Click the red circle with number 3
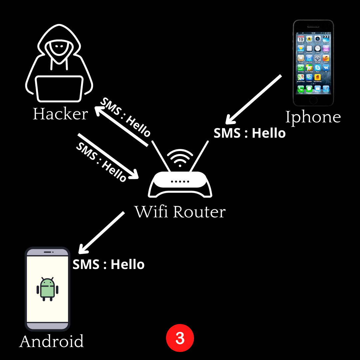coord(180,338)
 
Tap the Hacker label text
coord(60,114)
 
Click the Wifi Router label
coord(180,212)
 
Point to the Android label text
coord(52,341)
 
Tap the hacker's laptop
coord(59,89)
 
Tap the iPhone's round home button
coord(313,100)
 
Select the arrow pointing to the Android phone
coord(102,232)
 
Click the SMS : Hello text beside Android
coord(109,265)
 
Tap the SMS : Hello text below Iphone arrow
coord(250,133)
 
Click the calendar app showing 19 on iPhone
coord(301,39)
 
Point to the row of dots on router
coord(180,182)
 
